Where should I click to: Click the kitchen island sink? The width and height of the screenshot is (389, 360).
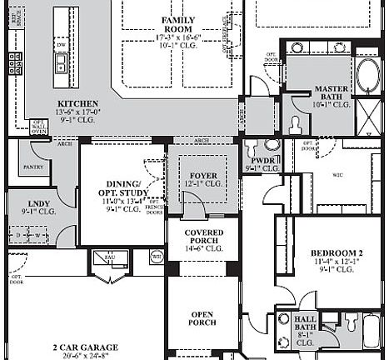pyautogui.click(x=60, y=64)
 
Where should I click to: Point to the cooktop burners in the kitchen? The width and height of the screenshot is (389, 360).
pyautogui.click(x=15, y=62)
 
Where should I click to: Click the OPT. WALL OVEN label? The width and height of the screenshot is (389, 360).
pyautogui.click(x=38, y=125)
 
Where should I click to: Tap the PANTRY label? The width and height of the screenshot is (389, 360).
pyautogui.click(x=33, y=167)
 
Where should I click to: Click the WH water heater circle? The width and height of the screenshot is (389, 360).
pyautogui.click(x=156, y=257)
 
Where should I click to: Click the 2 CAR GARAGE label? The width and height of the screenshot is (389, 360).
pyautogui.click(x=85, y=347)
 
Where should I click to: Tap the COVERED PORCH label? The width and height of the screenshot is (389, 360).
pyautogui.click(x=203, y=237)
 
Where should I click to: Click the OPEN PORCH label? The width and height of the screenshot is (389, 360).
pyautogui.click(x=203, y=318)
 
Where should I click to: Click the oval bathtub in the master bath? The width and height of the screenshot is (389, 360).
pyautogui.click(x=367, y=77)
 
